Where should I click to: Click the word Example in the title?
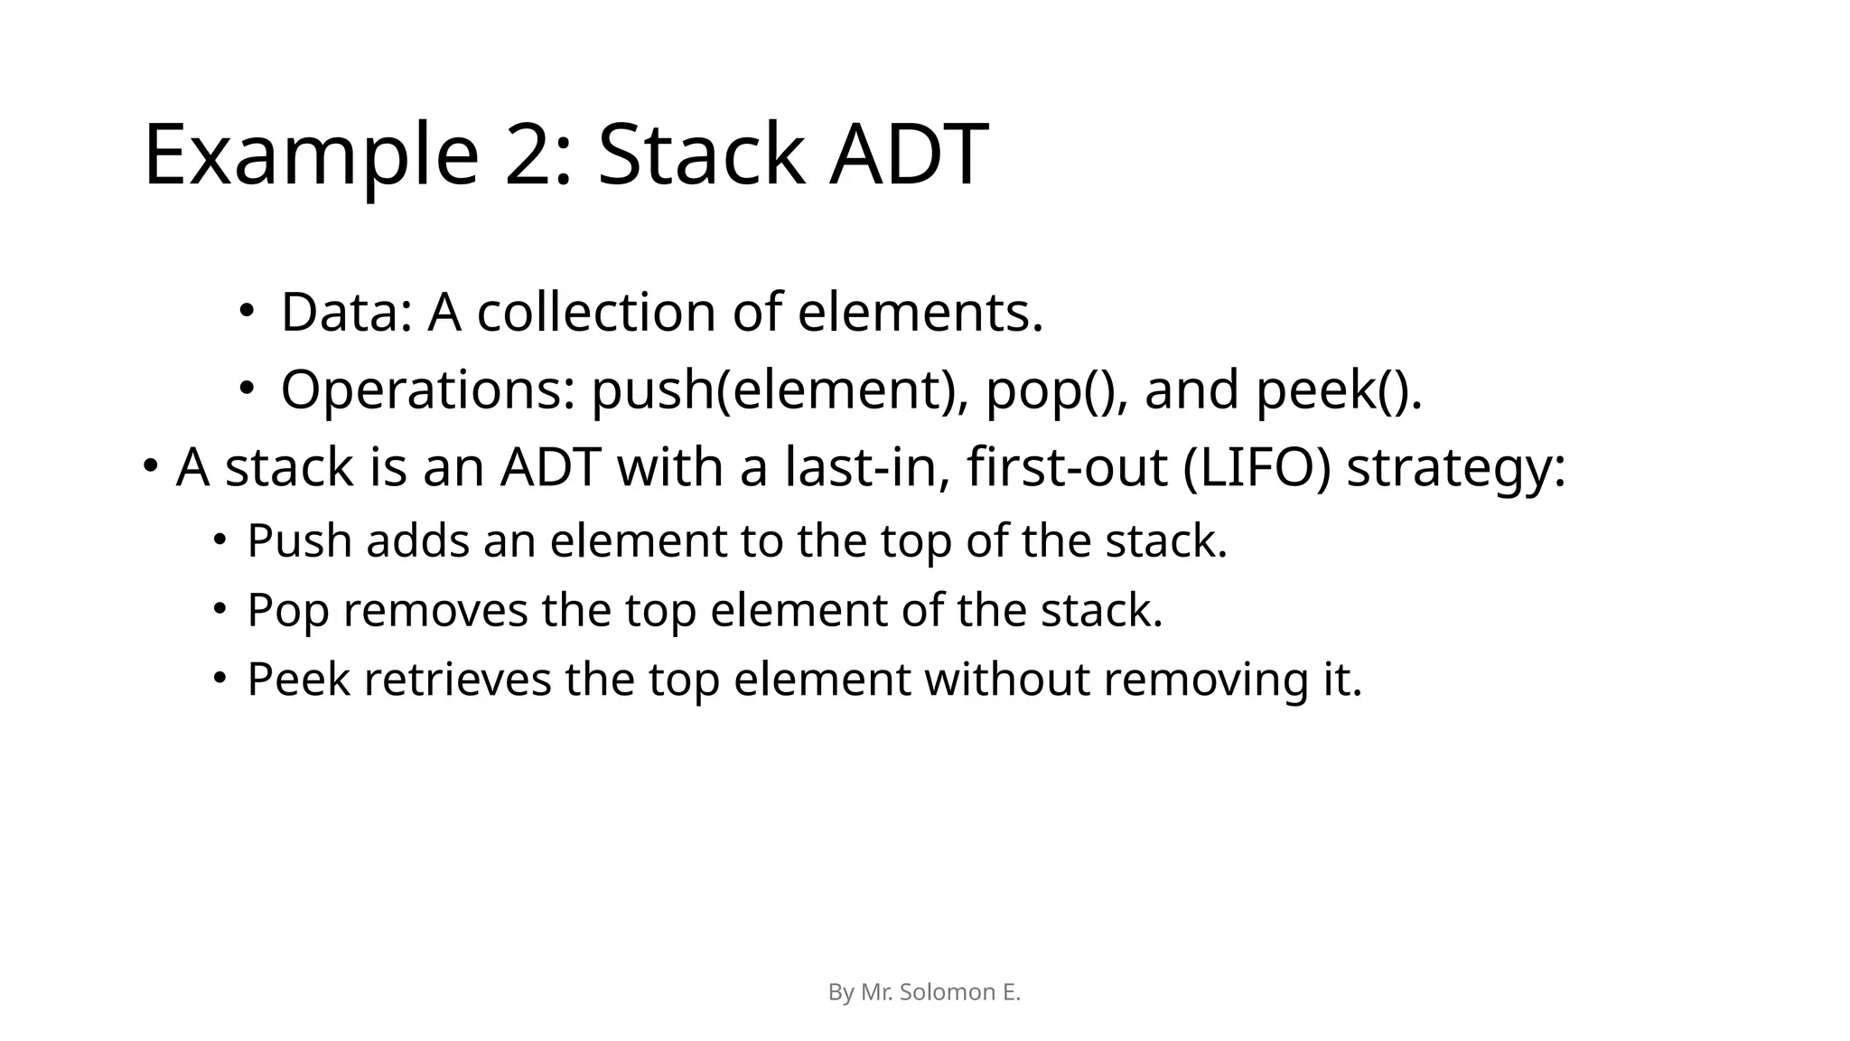click(311, 155)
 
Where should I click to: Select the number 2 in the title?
click(537, 155)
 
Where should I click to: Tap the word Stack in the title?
click(701, 155)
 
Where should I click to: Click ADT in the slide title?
click(909, 155)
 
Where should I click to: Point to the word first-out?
click(1067, 468)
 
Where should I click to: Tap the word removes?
click(435, 611)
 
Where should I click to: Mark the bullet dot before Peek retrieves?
click(220, 679)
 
